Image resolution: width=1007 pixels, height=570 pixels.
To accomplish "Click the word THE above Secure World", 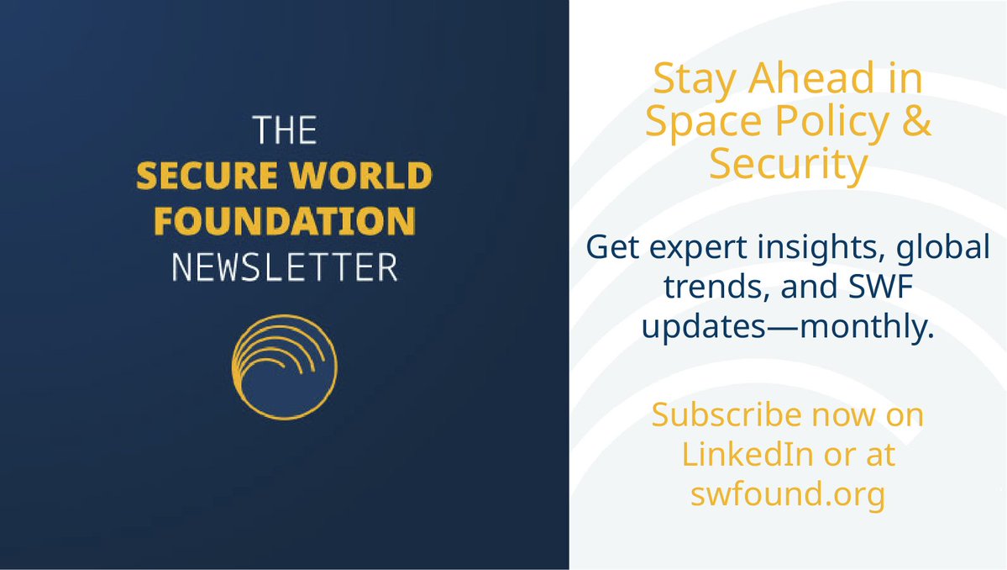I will click(x=284, y=131).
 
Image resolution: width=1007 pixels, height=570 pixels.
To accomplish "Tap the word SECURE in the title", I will click(x=197, y=176).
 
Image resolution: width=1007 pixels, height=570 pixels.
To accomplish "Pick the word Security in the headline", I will click(x=788, y=164).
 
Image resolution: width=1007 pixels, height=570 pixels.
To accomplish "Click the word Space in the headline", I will click(x=695, y=122).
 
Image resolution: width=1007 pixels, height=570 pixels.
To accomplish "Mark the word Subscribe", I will click(x=718, y=415).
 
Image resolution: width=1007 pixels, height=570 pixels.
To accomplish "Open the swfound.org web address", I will click(x=788, y=494).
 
